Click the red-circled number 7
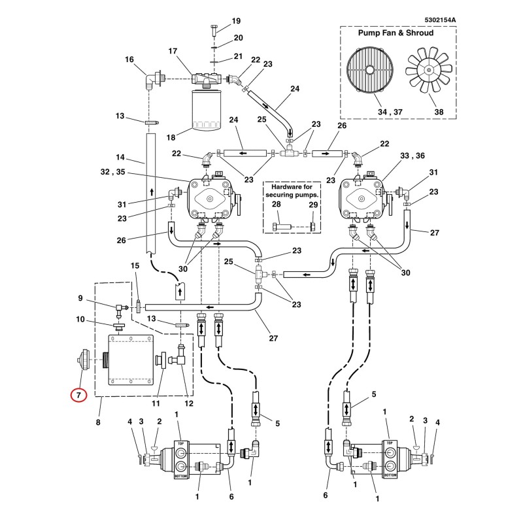(78, 396)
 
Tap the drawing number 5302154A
(440, 20)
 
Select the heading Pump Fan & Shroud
(396, 33)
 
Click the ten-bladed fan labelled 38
(429, 70)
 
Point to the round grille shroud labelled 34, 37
(369, 70)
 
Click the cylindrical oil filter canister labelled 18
(207, 109)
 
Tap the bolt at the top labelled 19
(214, 30)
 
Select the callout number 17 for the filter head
(173, 51)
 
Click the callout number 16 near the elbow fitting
(129, 59)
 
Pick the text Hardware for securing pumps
(292, 190)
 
